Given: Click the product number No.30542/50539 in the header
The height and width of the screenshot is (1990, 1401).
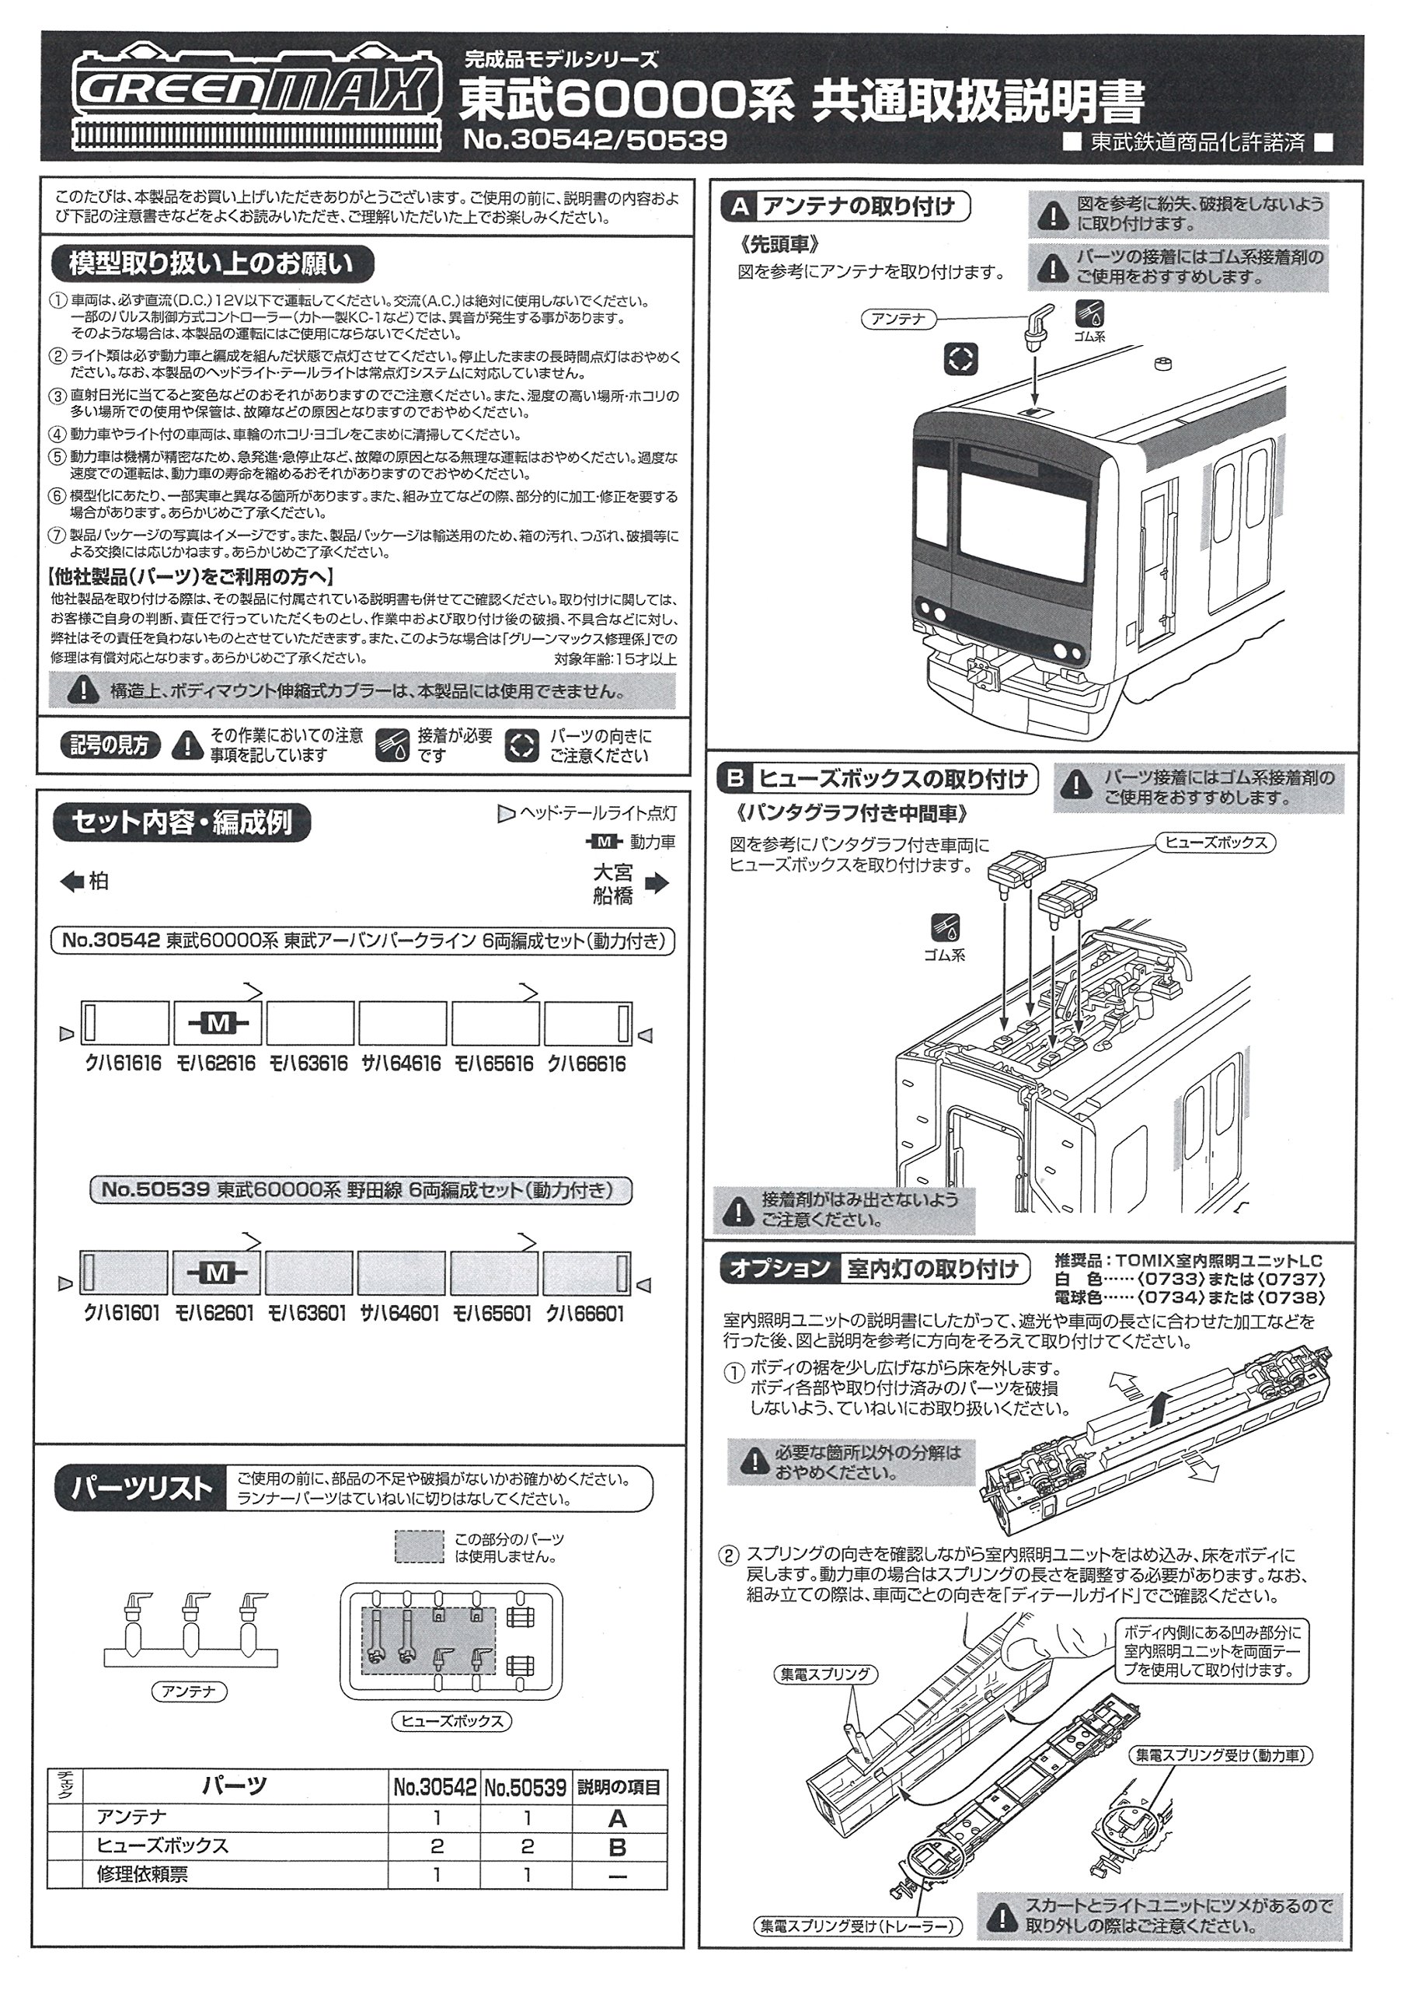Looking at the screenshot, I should pos(594,141).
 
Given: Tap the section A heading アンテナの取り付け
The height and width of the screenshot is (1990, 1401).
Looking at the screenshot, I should pos(858,207).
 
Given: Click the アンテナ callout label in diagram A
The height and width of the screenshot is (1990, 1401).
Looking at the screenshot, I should pos(897,319).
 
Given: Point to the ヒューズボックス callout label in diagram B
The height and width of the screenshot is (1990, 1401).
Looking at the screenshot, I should pos(1215,843).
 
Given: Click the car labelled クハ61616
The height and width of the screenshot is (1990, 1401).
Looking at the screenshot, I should pos(125,1024).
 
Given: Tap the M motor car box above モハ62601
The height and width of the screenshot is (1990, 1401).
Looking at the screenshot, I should pos(217,1273).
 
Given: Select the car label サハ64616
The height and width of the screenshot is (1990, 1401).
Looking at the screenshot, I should pos(401,1064).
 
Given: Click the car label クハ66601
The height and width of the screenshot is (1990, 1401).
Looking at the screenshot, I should pos(585,1314).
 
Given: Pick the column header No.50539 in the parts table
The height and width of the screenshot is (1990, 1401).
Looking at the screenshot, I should pos(525,1787).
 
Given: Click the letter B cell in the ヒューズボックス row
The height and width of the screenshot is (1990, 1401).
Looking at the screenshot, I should pos(618,1847).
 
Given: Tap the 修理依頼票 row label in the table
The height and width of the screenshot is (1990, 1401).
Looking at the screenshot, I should pos(144,1876).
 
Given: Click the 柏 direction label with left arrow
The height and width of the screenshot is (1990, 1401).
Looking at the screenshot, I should pos(85,882).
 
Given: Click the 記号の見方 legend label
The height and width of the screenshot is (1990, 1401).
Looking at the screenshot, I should pos(109,745).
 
